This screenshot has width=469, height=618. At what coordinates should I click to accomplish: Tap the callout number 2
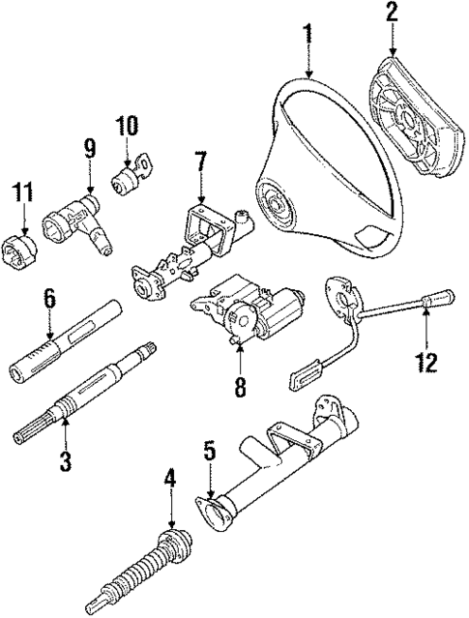[x=393, y=15]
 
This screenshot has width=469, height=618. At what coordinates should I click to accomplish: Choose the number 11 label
[x=22, y=191]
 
